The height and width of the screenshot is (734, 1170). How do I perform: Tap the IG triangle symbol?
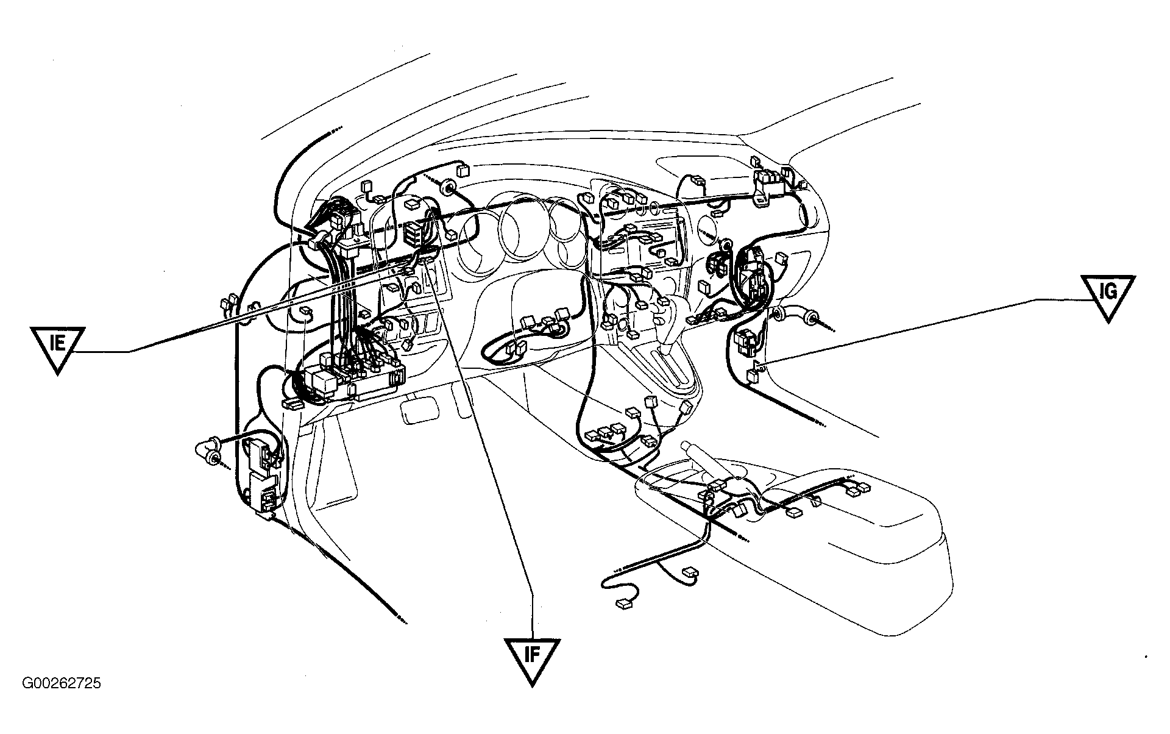pos(1108,295)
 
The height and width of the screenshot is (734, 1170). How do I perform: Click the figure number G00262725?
pos(62,683)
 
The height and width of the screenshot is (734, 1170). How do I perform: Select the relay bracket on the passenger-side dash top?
pos(769,183)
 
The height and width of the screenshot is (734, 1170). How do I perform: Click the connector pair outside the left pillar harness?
pos(228,305)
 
